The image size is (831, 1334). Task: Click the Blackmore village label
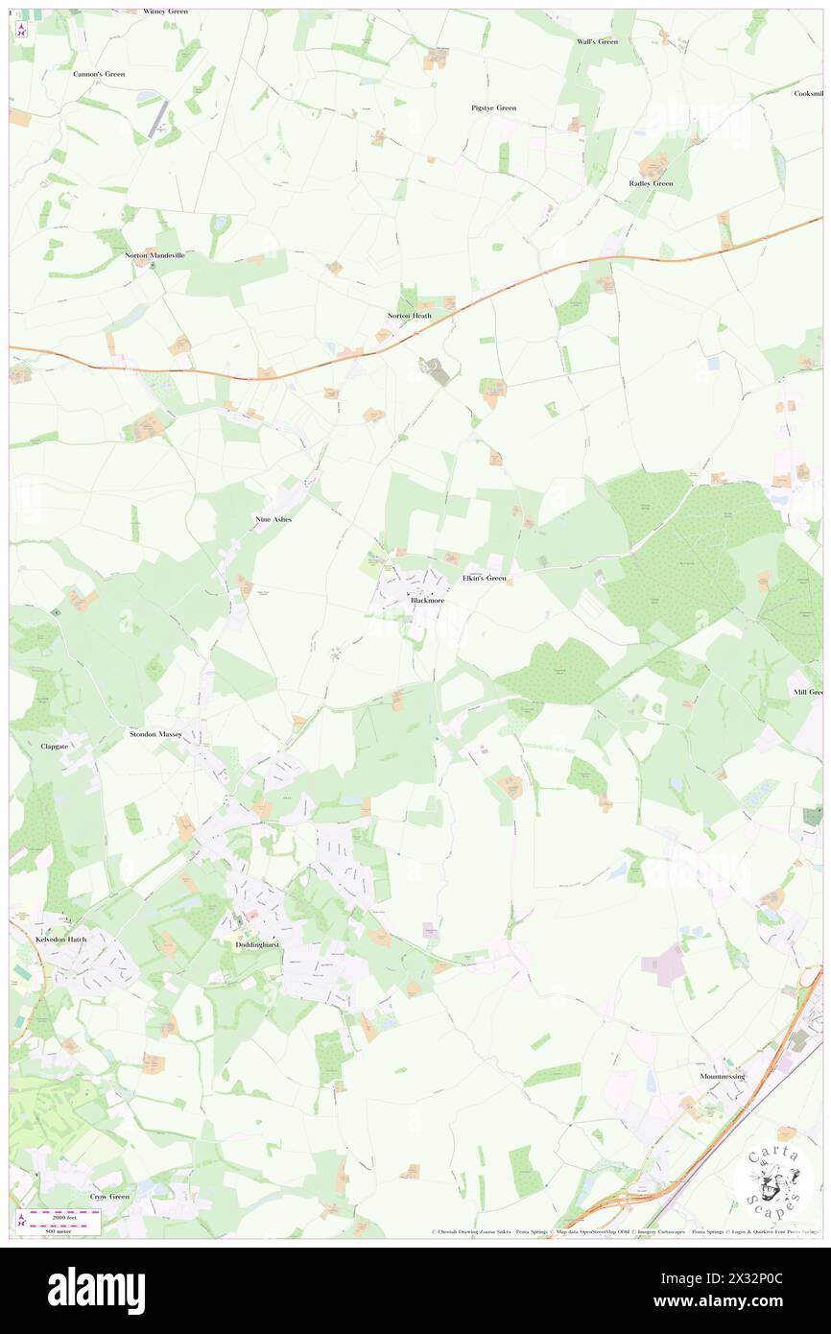coord(427,601)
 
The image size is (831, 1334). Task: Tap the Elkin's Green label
coord(483,578)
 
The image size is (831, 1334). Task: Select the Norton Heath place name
coord(409,315)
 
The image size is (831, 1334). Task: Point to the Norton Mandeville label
coord(154,255)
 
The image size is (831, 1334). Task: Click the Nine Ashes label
coord(273,518)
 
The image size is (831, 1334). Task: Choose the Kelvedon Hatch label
coord(61,940)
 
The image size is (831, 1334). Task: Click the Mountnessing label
coord(722,1077)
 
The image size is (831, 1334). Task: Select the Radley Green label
coord(651,182)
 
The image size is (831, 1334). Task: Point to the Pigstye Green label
coord(493,107)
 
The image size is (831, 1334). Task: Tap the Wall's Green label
coord(597,41)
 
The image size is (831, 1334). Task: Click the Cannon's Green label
coord(99,73)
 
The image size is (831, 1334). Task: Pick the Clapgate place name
coord(55,745)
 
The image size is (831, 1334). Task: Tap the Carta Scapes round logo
coord(773,1182)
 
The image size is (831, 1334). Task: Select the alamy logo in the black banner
coord(96,1291)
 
